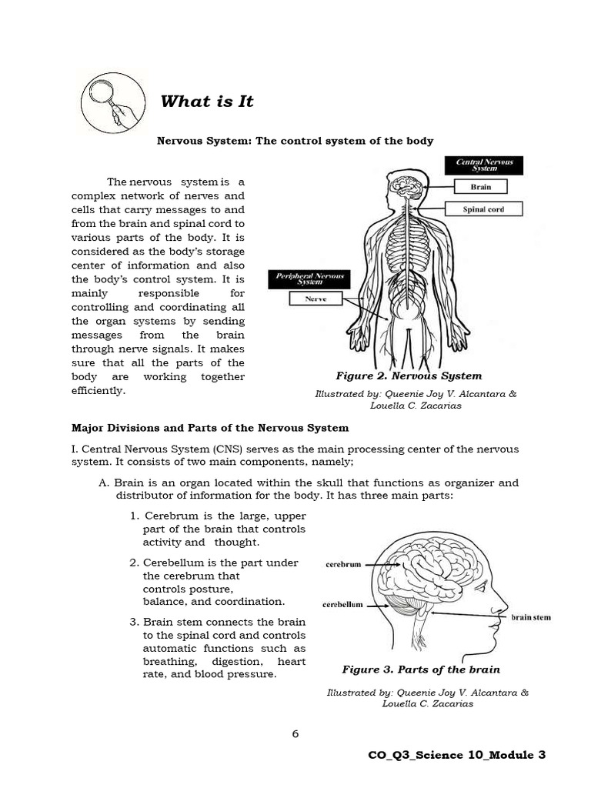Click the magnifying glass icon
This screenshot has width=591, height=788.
[x=110, y=101]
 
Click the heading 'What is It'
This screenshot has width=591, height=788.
[x=206, y=102]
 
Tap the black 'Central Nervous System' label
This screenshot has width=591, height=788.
[x=484, y=165]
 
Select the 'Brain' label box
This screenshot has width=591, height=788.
[x=480, y=186]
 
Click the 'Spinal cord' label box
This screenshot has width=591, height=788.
[x=483, y=209]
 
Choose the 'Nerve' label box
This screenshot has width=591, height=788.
[x=316, y=299]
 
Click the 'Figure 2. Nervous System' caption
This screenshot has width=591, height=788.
[x=409, y=376]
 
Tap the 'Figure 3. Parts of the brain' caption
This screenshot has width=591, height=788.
[x=421, y=669]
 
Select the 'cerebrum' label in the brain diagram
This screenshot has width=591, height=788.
[x=342, y=564]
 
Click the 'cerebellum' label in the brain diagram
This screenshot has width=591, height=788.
[x=342, y=604]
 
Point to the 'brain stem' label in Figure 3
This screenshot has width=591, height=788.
[x=531, y=617]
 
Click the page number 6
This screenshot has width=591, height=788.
[x=295, y=733]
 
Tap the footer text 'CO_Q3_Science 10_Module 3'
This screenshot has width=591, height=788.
[x=457, y=755]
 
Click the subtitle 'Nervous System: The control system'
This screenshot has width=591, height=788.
[x=295, y=141]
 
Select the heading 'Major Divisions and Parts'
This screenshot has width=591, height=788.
[x=210, y=427]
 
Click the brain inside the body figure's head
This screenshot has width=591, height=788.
[x=406, y=185]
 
